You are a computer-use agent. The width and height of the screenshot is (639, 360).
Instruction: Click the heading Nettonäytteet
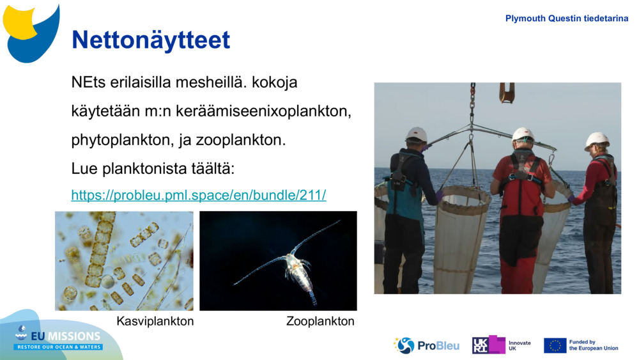151,40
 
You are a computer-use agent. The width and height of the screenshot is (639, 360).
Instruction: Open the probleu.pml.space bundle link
199,196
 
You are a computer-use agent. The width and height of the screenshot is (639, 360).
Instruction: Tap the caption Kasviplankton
155,322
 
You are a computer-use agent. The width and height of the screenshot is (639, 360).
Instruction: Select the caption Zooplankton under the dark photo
320,322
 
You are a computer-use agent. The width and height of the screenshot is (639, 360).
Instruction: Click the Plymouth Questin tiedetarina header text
567,19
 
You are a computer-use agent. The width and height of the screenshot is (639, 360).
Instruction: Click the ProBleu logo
426,345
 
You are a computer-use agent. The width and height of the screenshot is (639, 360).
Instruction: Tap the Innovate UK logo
502,345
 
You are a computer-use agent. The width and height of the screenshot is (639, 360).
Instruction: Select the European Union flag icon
555,345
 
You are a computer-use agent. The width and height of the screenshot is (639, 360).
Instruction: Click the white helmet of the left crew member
417,134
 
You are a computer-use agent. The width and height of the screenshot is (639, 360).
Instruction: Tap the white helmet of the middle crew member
523,134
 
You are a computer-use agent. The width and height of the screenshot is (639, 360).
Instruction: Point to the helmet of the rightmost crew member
597,140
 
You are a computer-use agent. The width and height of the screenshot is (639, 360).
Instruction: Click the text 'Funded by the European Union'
594,345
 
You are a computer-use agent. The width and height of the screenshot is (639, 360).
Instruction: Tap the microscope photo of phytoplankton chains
124,261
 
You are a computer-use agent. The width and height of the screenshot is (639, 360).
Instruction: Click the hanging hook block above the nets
507,93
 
